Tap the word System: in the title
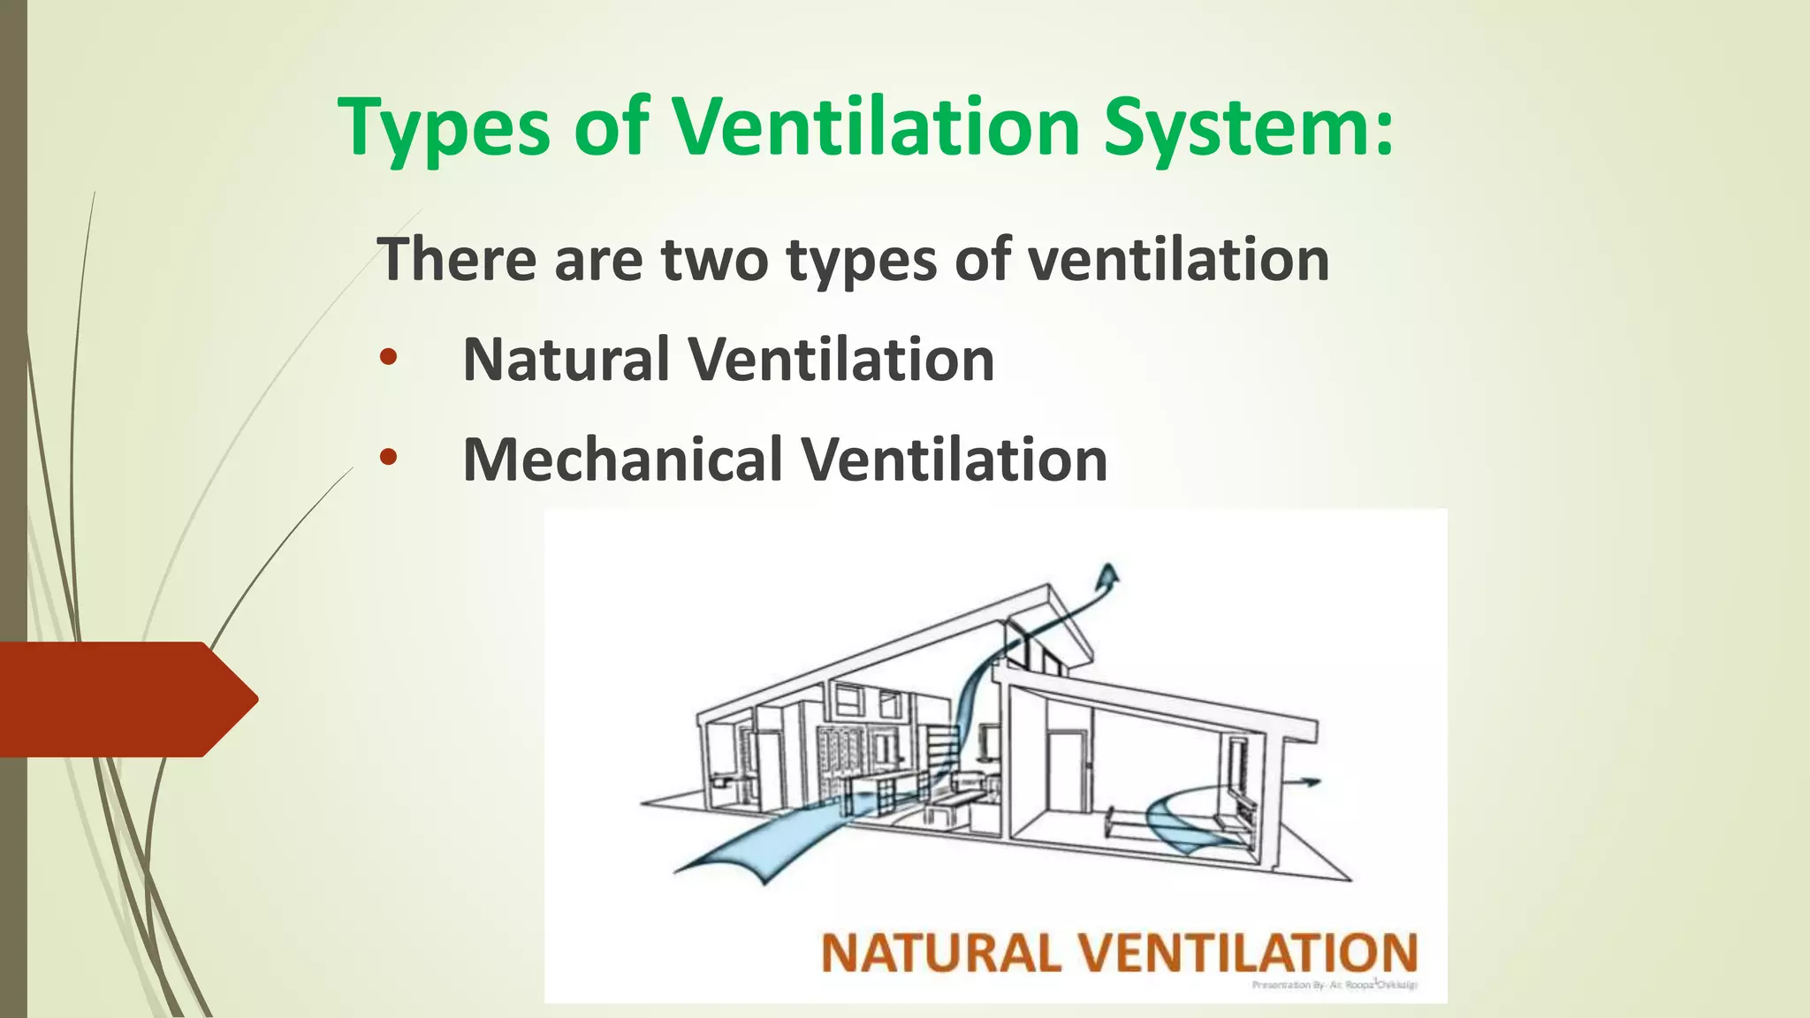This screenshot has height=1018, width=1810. pos(1248,128)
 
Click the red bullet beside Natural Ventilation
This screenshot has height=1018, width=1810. pos(388,358)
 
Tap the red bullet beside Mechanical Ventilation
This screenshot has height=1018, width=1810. pos(388,458)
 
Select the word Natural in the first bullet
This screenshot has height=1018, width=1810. pos(566,360)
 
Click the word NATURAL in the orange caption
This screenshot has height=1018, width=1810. pos(940,953)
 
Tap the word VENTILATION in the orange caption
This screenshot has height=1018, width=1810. pos(1248,953)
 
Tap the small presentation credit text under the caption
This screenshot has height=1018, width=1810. pos(1335,984)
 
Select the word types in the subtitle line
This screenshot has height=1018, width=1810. pos(861,262)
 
